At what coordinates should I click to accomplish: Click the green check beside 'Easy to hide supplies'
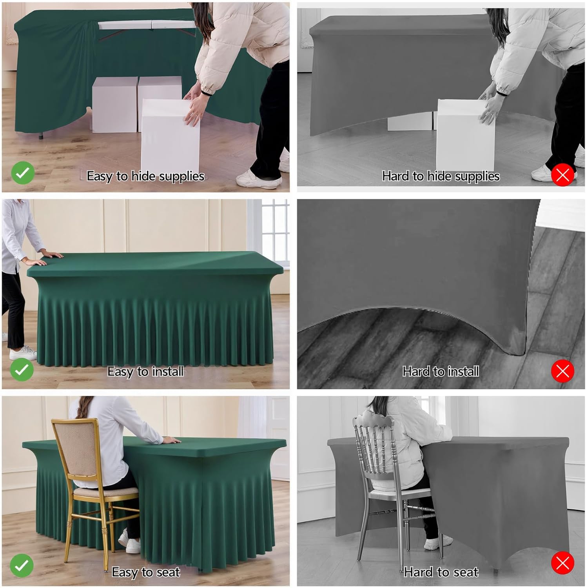[x=23, y=173]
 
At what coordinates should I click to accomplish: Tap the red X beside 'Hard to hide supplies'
[x=563, y=175]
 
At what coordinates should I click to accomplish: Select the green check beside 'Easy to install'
[x=22, y=370]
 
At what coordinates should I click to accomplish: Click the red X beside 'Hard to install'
[x=563, y=371]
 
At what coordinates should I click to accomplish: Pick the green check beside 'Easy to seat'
[x=22, y=565]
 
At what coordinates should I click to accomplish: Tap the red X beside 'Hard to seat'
[x=563, y=563]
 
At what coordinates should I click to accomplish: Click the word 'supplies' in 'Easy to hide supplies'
[x=181, y=177]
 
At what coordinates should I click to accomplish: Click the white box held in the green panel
[x=170, y=135]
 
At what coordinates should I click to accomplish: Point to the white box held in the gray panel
[x=465, y=135]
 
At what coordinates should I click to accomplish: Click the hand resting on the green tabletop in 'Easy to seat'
[x=171, y=440]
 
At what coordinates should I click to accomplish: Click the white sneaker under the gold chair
[x=129, y=541]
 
